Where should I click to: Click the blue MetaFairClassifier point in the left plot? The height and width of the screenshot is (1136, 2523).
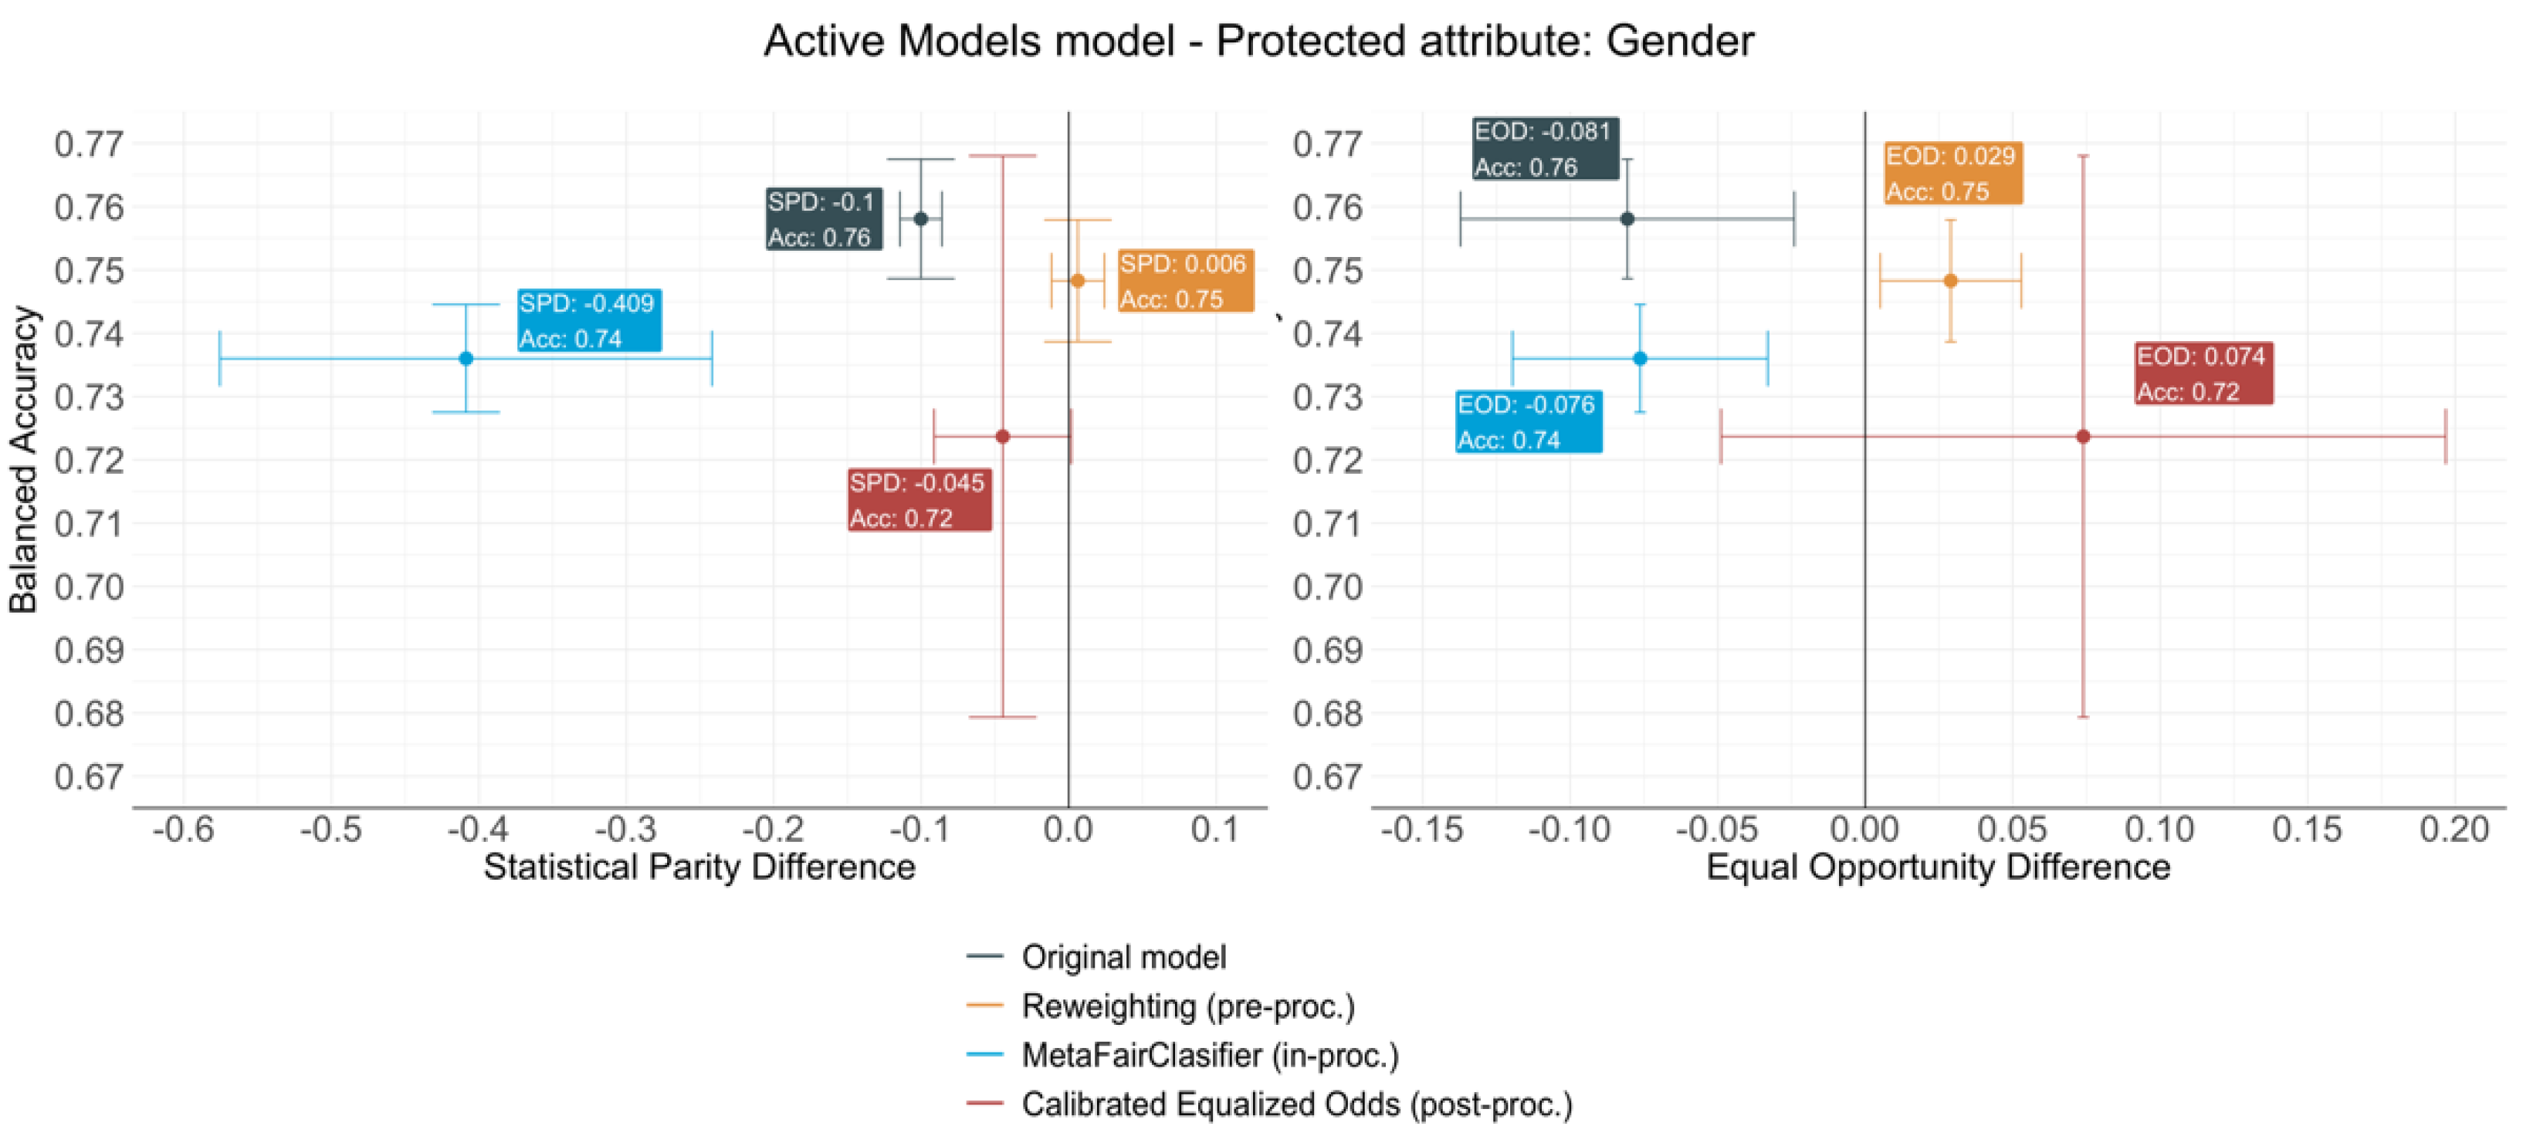coord(466,358)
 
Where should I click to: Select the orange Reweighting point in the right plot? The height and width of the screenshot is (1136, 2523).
coord(1950,280)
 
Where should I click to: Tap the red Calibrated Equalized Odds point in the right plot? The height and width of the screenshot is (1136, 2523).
coord(2083,436)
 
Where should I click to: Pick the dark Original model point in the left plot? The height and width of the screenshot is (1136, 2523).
coord(921,218)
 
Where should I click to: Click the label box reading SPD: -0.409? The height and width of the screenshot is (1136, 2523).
coord(588,320)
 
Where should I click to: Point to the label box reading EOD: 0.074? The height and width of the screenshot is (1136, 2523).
coord(2203,373)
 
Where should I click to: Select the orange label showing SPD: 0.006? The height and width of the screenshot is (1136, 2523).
coord(1185,281)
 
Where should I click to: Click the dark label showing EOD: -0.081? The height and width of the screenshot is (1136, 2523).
coord(1545,149)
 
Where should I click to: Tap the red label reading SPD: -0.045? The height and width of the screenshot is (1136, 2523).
coord(919,500)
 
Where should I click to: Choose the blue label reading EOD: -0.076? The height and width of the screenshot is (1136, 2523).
coord(1528,422)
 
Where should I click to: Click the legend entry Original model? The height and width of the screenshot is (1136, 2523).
coord(1123,957)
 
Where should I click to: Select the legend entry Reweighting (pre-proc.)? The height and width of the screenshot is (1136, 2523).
coord(1187,1006)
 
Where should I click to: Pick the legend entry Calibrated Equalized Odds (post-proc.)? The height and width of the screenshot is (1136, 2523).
coord(1295,1104)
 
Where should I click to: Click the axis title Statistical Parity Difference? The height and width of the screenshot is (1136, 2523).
coord(699,867)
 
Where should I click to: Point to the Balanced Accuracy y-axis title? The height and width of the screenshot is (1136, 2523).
coord(23,460)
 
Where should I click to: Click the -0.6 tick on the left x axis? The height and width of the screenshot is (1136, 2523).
coord(183,830)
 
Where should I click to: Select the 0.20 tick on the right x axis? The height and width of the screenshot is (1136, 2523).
coord(2454,830)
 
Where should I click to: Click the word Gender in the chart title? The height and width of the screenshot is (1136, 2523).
coord(1680,41)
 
